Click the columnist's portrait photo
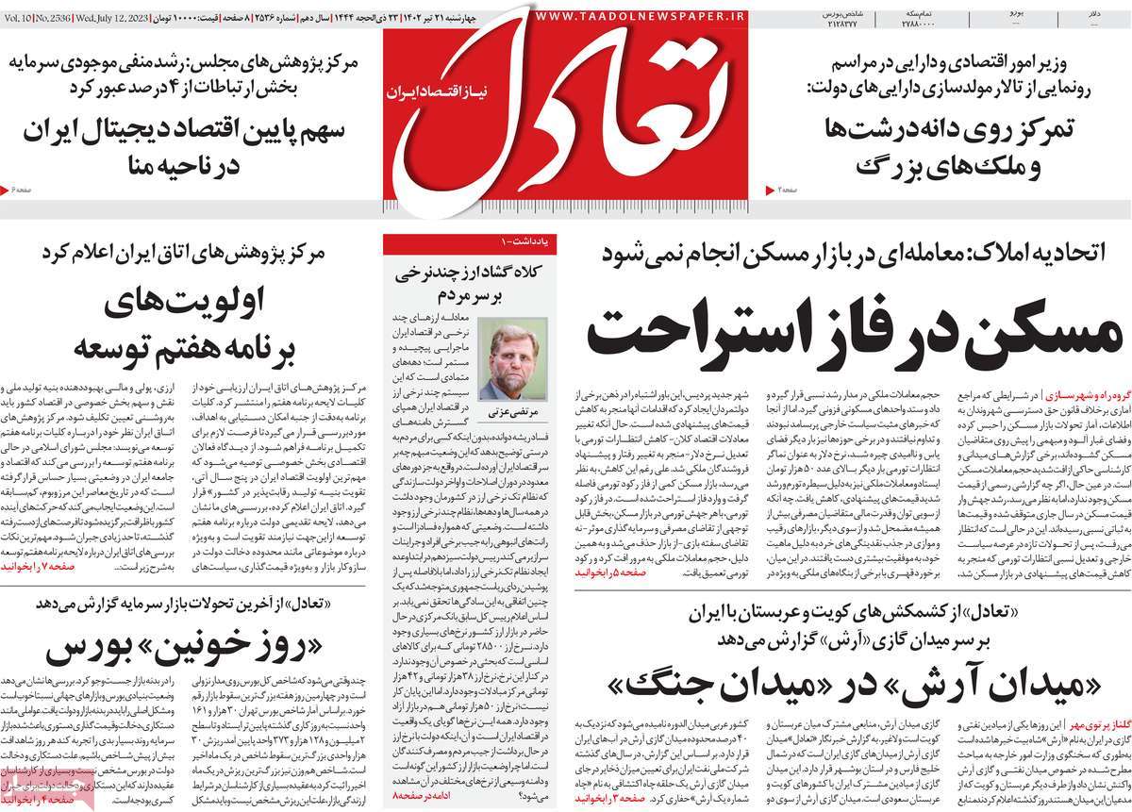[x=512, y=358]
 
